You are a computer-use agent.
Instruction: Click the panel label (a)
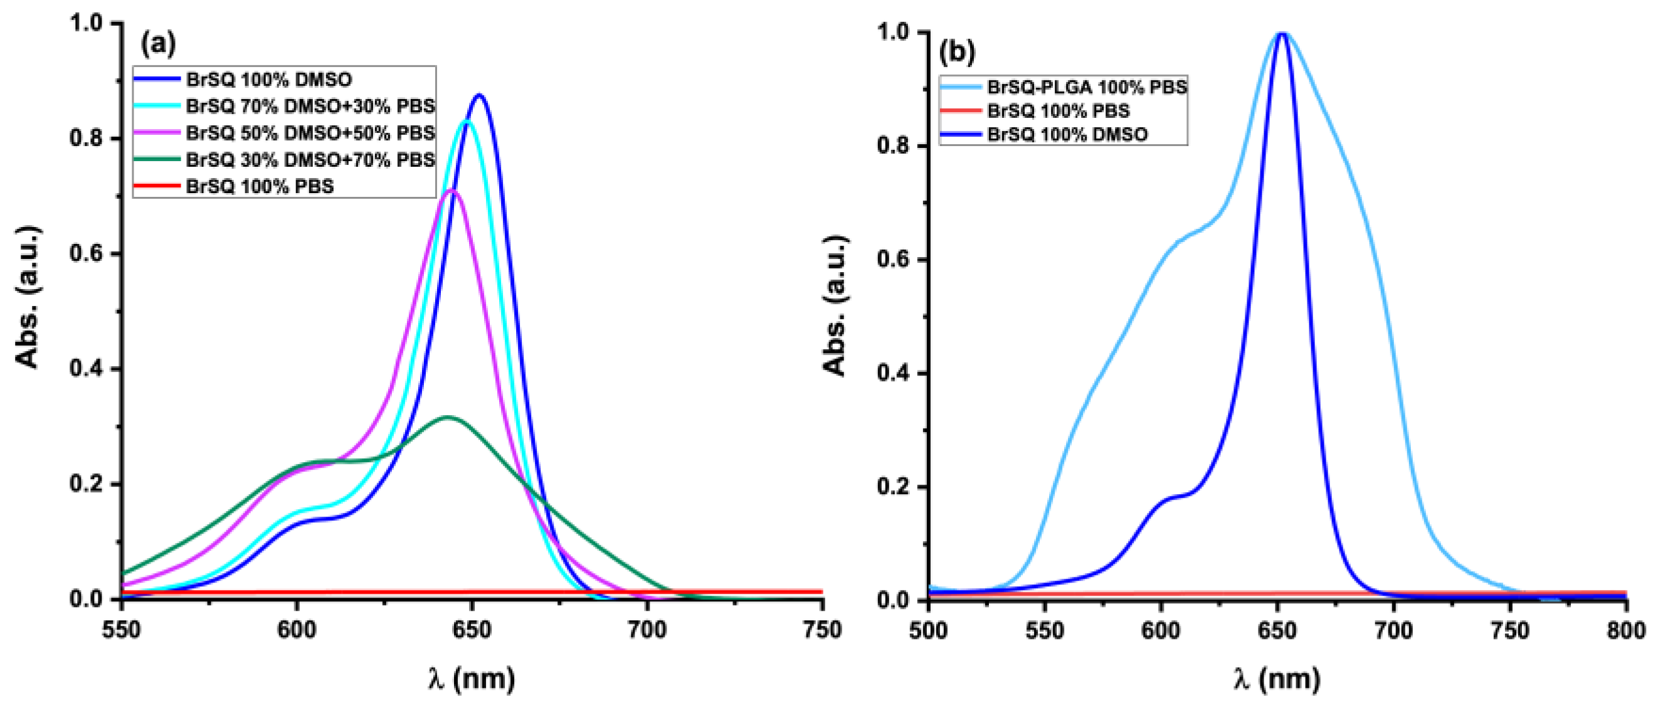pyautogui.click(x=157, y=43)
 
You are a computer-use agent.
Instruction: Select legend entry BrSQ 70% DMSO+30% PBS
pyautogui.click(x=310, y=105)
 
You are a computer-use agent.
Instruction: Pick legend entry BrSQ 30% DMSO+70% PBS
pyautogui.click(x=310, y=159)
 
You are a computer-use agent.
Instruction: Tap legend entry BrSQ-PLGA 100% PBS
pyautogui.click(x=1087, y=87)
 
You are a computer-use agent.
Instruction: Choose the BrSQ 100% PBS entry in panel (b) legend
pyautogui.click(x=1058, y=111)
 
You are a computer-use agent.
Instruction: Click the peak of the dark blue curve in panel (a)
pyautogui.click(x=479, y=95)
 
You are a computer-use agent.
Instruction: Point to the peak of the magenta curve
pyautogui.click(x=452, y=190)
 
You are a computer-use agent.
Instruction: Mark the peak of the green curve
pyautogui.click(x=446, y=417)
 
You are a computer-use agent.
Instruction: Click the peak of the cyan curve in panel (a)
pyautogui.click(x=467, y=122)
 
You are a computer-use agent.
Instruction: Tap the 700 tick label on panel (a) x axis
pyautogui.click(x=647, y=630)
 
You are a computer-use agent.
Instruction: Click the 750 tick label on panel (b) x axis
pyautogui.click(x=1510, y=631)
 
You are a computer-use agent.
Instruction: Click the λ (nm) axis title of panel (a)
pyautogui.click(x=472, y=679)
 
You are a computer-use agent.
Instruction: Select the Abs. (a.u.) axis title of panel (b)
pyautogui.click(x=835, y=306)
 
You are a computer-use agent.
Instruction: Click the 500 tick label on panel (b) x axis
pyautogui.click(x=928, y=631)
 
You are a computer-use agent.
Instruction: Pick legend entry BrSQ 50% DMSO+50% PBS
pyautogui.click(x=310, y=132)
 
